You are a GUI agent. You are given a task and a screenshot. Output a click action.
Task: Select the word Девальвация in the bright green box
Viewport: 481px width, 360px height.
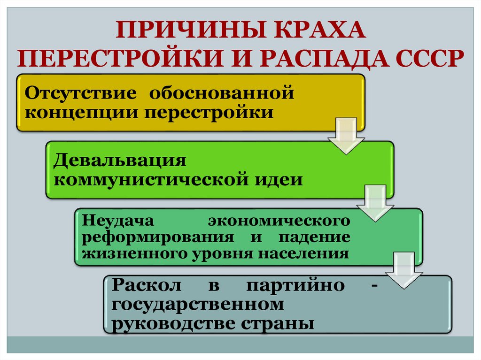coord(120,160)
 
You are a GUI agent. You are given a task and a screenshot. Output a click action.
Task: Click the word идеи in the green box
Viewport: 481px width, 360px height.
coord(282,180)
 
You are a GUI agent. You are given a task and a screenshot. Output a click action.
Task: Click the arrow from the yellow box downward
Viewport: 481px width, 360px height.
coord(346,136)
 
